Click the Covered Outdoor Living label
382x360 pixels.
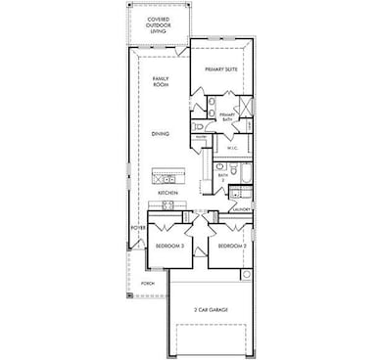point(158,24)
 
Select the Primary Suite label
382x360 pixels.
point(221,69)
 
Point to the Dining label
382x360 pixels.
point(161,133)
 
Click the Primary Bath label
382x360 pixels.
point(227,116)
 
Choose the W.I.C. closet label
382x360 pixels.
point(233,148)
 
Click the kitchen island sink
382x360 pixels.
point(165,179)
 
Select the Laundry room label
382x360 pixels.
point(241,209)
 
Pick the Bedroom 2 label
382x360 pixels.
point(231,246)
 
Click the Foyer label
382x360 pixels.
point(139,228)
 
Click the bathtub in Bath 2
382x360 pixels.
point(245,176)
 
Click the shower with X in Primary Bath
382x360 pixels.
point(245,107)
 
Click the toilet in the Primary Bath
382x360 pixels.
point(199,126)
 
